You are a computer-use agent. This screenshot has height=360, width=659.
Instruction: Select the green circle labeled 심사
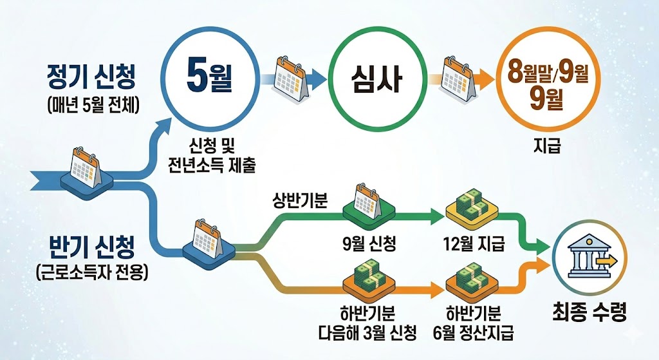(375, 81)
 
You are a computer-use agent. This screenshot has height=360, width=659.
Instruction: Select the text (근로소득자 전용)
(93, 270)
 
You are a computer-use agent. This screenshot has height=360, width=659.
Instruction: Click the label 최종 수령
(589, 312)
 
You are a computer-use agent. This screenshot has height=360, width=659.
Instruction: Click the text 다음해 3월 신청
(368, 333)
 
